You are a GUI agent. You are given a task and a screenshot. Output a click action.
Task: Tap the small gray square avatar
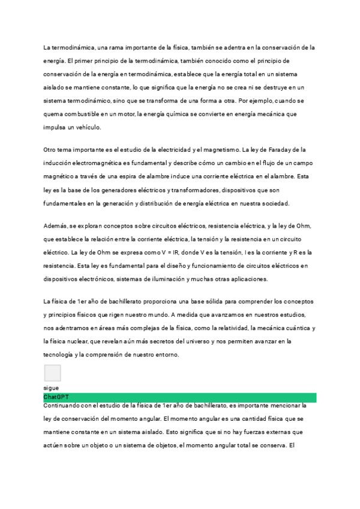[x=52, y=373]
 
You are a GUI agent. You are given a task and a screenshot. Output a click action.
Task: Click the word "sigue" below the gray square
[x=51, y=388]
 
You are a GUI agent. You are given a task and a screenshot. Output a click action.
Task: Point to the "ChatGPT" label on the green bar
[x=55, y=397]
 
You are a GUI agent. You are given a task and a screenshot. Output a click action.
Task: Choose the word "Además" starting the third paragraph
[x=55, y=225]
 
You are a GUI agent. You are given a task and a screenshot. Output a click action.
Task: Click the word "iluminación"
[x=164, y=279]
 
